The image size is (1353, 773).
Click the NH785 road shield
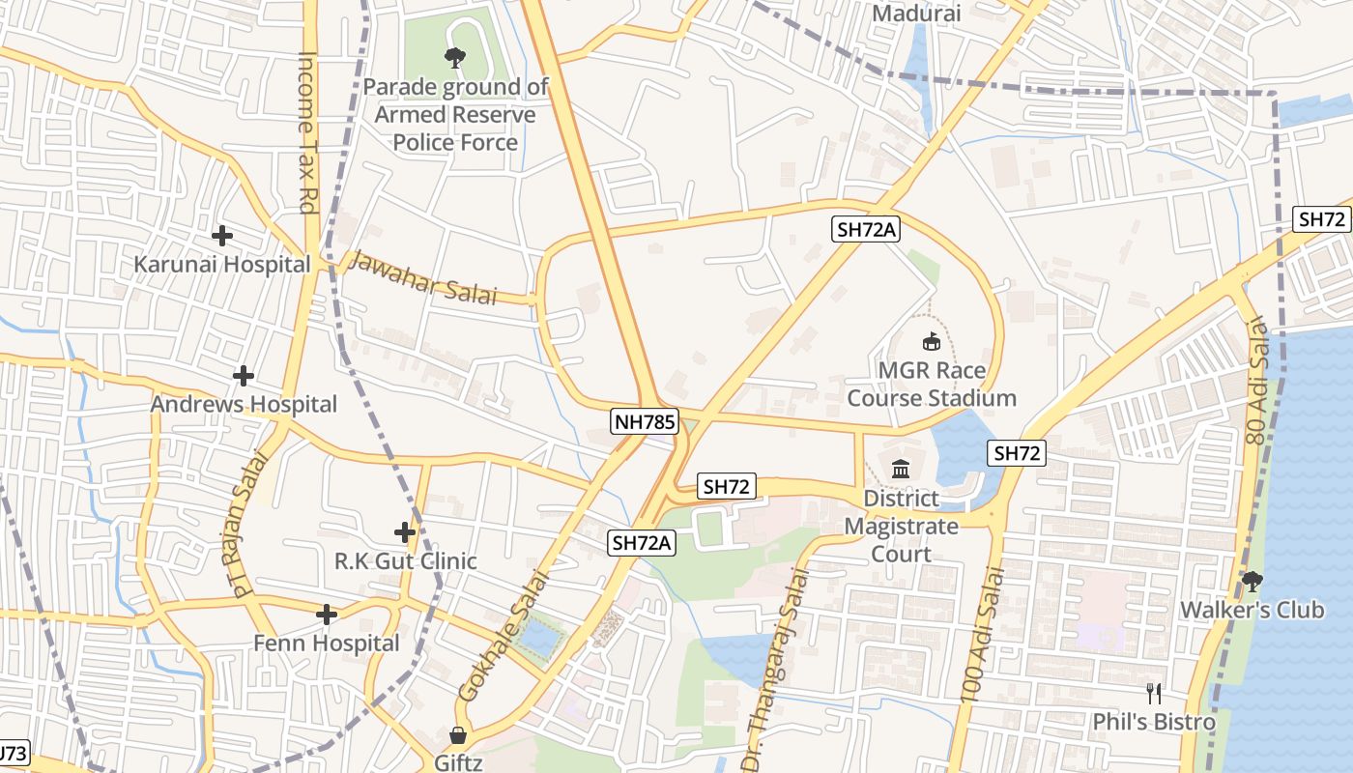point(646,421)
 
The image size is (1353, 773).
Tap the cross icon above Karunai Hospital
point(222,235)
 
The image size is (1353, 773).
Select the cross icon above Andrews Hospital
point(244,375)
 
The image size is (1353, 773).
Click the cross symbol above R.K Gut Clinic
point(405,531)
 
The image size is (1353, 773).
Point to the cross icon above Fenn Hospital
point(327,614)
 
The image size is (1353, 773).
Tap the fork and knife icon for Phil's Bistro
point(1153,693)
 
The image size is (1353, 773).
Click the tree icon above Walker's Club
point(1252,581)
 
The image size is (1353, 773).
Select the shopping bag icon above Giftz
point(458,735)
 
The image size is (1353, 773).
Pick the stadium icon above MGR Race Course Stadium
point(931,341)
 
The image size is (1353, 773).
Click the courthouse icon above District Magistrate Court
point(901,470)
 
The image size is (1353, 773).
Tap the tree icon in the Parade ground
point(454,58)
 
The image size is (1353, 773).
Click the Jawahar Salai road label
point(422,278)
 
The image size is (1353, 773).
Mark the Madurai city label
point(916,14)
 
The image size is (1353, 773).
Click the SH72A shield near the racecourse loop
point(867,229)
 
